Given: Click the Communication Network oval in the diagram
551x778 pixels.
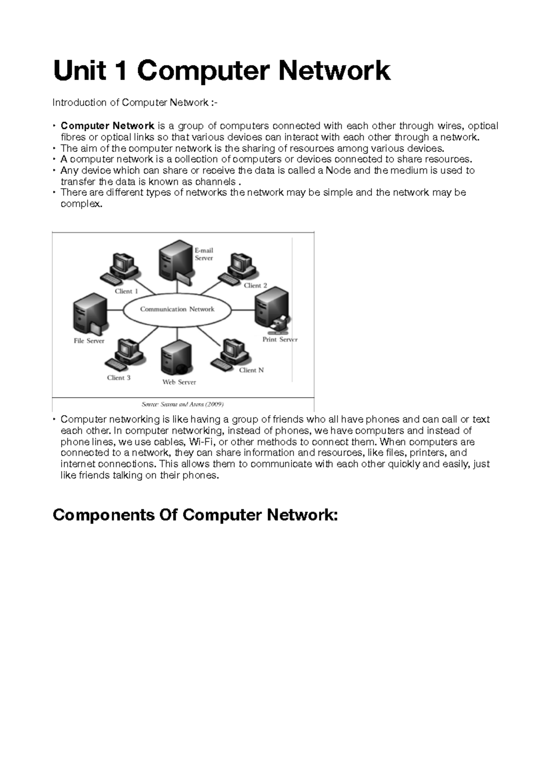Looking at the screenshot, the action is point(177,309).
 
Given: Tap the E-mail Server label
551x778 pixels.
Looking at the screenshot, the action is point(203,254).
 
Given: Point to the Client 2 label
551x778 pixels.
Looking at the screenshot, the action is point(255,285).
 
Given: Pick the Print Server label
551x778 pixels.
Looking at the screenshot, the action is point(280,339).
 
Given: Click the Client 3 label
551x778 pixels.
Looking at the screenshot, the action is point(118,378).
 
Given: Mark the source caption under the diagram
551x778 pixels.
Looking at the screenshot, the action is point(182,404).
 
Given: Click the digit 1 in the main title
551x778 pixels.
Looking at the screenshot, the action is point(121,71).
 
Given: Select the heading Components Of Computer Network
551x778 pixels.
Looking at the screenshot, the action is point(195,515).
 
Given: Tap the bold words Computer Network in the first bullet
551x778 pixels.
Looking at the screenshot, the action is point(107,126).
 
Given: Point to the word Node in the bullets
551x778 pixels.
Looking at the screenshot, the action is point(337,170).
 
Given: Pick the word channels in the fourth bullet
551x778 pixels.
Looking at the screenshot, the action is point(216,182).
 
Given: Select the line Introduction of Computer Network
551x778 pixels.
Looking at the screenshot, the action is point(135,102).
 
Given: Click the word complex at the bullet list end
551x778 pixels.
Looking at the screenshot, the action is point(80,204).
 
